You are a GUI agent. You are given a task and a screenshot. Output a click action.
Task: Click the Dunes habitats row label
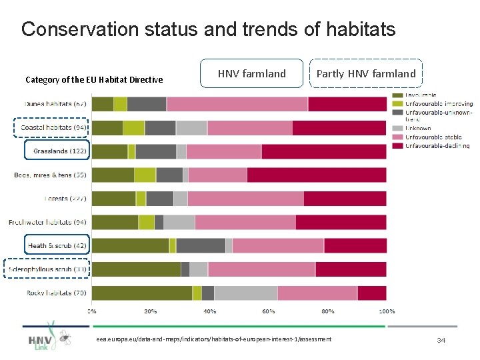point(56,104)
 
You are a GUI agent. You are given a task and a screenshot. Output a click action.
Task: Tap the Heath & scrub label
point(57,245)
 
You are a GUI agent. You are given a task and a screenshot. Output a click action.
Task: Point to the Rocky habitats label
point(56,293)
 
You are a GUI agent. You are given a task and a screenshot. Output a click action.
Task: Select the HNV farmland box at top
point(251,74)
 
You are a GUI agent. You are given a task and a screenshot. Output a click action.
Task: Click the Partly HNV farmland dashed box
point(365,74)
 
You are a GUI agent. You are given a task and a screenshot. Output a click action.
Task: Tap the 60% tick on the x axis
point(269,311)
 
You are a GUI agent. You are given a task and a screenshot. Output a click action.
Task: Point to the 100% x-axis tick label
point(387,311)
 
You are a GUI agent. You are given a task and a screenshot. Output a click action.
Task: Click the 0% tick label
point(93,311)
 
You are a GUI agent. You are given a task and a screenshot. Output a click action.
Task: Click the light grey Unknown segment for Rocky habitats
point(245,293)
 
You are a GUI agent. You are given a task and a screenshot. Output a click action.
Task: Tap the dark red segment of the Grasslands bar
point(323,151)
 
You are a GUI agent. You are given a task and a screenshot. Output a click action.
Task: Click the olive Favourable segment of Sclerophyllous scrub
point(136,269)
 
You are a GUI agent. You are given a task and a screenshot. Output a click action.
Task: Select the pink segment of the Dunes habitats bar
point(237,104)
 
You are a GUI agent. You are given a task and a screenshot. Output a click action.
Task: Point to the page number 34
point(441,341)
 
